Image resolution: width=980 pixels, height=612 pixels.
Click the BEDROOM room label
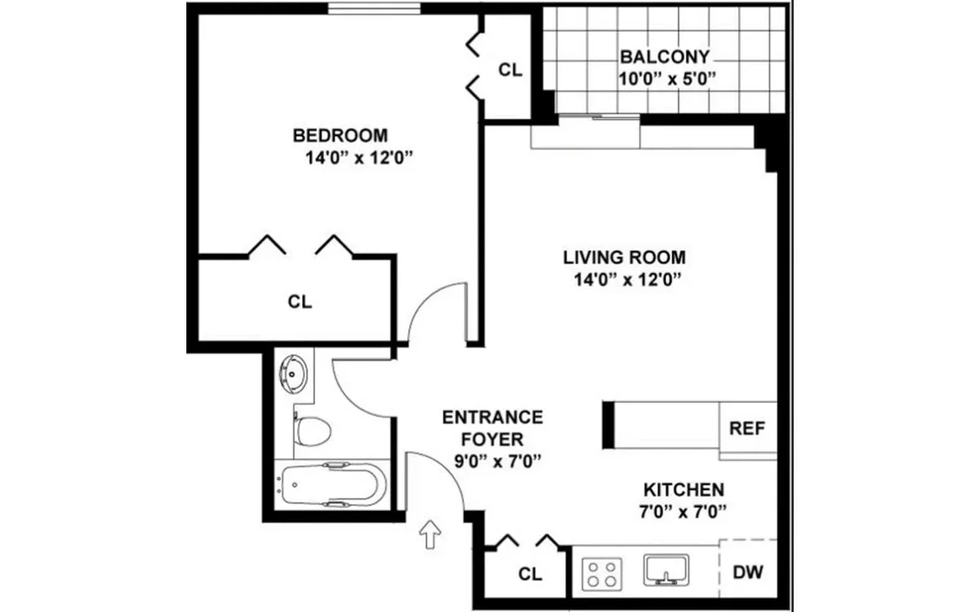pos(341,135)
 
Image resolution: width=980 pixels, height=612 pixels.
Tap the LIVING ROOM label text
pos(624,258)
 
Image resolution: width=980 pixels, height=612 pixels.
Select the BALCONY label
pos(664,57)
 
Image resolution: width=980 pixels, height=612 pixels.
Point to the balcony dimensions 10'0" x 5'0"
pos(667,80)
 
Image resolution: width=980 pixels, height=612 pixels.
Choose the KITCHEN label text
pos(684,490)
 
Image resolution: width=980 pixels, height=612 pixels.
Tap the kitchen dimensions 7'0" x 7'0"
pos(684,512)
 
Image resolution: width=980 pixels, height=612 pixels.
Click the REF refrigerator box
pos(746,429)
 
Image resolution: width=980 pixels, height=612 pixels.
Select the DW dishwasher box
pos(747,572)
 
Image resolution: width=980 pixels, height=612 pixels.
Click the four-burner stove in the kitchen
pos(603,572)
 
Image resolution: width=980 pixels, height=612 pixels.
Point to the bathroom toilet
pos(311,428)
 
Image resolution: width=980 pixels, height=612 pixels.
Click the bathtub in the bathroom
pos(331,486)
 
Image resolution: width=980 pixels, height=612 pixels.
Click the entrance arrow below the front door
pos(430,535)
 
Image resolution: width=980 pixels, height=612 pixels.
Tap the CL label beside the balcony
pos(510,70)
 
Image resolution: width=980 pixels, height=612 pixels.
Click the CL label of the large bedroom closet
pos(300,301)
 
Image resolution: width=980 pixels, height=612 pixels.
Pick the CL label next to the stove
pos(530,574)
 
